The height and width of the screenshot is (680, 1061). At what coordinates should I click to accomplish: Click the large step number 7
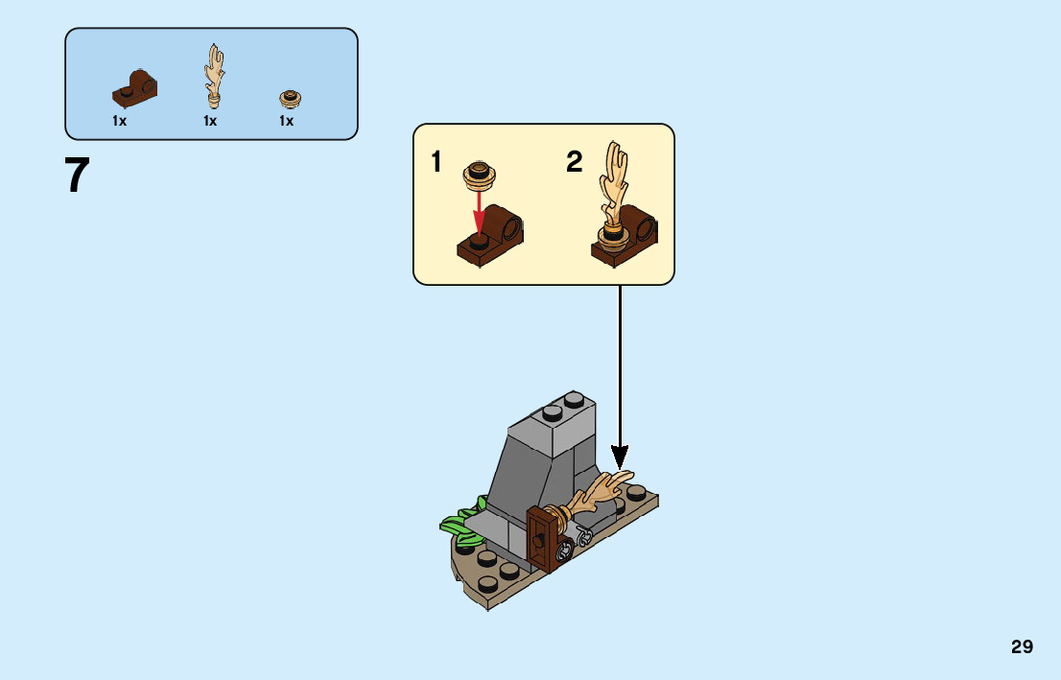(78, 176)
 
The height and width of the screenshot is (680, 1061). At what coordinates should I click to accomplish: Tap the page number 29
(1022, 646)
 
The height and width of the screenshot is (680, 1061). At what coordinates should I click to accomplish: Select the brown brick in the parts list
(135, 88)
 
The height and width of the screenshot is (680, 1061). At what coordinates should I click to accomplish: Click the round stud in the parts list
(288, 98)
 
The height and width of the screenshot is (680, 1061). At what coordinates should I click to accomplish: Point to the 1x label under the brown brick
(119, 121)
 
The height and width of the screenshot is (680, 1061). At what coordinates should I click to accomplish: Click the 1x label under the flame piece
(210, 121)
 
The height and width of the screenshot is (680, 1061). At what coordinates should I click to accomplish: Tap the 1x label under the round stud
(286, 121)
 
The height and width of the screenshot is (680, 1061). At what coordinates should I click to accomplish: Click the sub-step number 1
(436, 163)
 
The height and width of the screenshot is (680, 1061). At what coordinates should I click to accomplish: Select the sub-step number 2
(574, 163)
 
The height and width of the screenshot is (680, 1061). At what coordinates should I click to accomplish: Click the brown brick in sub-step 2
(629, 238)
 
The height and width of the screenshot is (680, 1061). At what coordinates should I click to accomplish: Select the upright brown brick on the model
(544, 539)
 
